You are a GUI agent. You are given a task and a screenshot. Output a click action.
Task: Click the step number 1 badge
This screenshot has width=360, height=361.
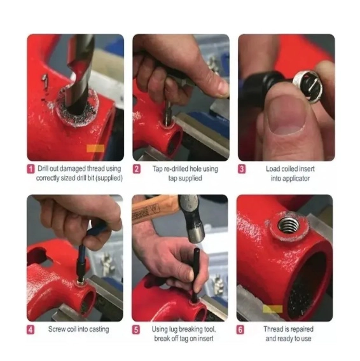pyautogui.click(x=31, y=169)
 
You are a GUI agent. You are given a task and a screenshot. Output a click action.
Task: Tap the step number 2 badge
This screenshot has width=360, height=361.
pyautogui.click(x=137, y=169)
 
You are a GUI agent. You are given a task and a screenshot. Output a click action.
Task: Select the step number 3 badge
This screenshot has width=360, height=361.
pyautogui.click(x=242, y=169)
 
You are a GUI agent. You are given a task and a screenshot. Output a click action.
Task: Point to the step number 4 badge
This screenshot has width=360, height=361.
pyautogui.click(x=31, y=330)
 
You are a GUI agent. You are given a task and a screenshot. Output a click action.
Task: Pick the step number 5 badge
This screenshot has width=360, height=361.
pyautogui.click(x=136, y=330)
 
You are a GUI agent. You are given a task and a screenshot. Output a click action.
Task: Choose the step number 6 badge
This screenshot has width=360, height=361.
pyautogui.click(x=240, y=330)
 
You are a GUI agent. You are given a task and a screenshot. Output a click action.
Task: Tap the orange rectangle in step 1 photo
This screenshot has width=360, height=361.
pyautogui.click(x=95, y=149)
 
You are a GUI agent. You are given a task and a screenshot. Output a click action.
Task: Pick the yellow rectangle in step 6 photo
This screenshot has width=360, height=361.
pyautogui.click(x=273, y=309)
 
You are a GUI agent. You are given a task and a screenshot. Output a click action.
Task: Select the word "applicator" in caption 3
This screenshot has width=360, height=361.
pyautogui.click(x=296, y=179)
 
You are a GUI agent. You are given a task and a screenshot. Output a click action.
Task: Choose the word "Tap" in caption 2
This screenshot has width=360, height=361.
pyautogui.click(x=157, y=169)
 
